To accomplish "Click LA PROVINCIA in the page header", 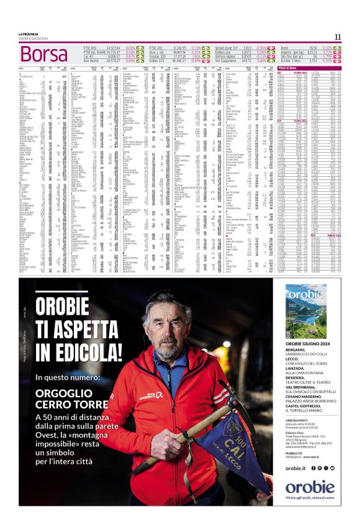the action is click(29, 34).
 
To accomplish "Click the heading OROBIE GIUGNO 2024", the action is click(308, 343).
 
